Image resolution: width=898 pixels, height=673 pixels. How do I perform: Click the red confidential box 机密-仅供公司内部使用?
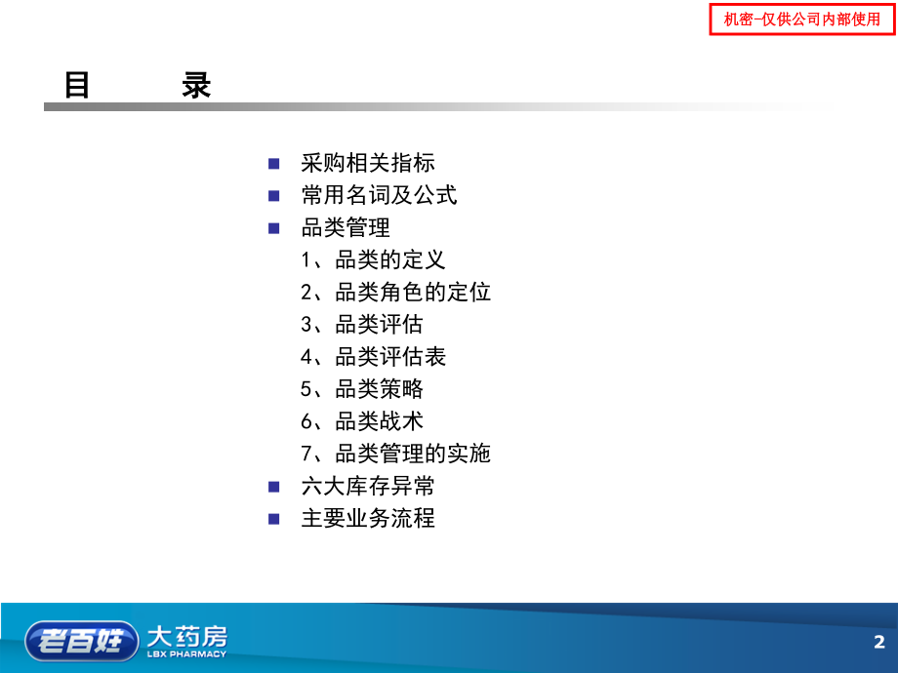coord(801,20)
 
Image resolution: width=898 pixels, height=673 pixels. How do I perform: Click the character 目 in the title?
coord(77,86)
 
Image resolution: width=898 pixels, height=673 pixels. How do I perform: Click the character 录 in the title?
coord(196,86)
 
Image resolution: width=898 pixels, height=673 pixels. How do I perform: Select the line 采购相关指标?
coord(368,163)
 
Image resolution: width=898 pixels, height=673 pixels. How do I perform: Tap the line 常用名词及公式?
coord(379,195)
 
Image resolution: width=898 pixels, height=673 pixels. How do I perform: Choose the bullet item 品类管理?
coord(346,227)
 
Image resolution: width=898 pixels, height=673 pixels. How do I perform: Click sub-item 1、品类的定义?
coord(373,259)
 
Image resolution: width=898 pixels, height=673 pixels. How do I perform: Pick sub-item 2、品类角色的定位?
coord(395,292)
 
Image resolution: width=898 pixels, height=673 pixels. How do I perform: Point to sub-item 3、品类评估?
coord(362,324)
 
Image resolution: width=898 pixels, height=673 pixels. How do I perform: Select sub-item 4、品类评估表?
coord(373,356)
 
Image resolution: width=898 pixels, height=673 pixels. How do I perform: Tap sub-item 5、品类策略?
coord(362,388)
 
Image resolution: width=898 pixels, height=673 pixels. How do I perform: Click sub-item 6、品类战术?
coord(362,420)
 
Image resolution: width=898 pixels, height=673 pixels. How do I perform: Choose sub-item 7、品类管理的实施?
coord(395,453)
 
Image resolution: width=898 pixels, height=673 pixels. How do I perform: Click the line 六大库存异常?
coord(368,485)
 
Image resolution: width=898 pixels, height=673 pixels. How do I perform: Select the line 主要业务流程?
coord(368,517)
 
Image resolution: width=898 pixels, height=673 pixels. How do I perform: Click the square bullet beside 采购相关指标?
coord(274,163)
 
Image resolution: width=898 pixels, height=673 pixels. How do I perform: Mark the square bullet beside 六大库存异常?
coord(274,485)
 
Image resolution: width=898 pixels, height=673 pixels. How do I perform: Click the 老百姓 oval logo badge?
coord(81,640)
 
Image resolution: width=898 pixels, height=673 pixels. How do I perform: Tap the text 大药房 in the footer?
coord(186,636)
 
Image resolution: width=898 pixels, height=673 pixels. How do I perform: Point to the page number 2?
coord(878,642)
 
